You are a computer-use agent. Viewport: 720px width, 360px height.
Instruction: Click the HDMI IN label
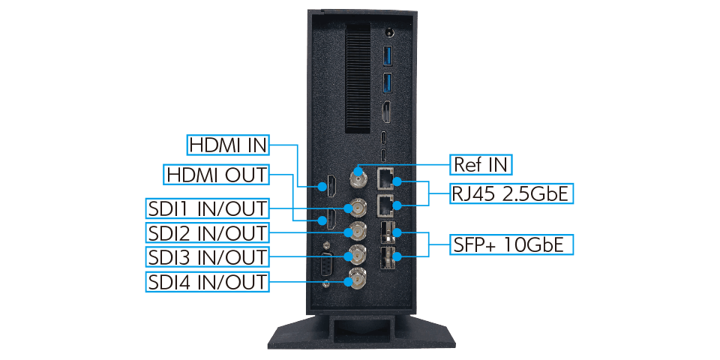(228, 145)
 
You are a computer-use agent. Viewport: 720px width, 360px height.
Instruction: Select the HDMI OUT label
(216, 175)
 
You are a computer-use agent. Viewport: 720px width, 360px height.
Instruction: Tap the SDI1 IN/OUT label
(207, 209)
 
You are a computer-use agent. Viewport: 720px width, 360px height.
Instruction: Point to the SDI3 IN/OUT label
(207, 256)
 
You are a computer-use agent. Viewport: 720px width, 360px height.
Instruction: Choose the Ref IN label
(481, 164)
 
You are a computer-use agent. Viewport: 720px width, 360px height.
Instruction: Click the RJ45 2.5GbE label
(511, 193)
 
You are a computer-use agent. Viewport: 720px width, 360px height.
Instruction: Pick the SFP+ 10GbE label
(511, 244)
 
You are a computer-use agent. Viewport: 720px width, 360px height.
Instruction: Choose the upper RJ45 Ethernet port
(385, 179)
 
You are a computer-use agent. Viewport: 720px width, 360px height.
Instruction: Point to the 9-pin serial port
(326, 265)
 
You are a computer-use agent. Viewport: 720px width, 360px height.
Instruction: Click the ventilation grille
(358, 77)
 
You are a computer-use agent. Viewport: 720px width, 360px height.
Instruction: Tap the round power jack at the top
(390, 33)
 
